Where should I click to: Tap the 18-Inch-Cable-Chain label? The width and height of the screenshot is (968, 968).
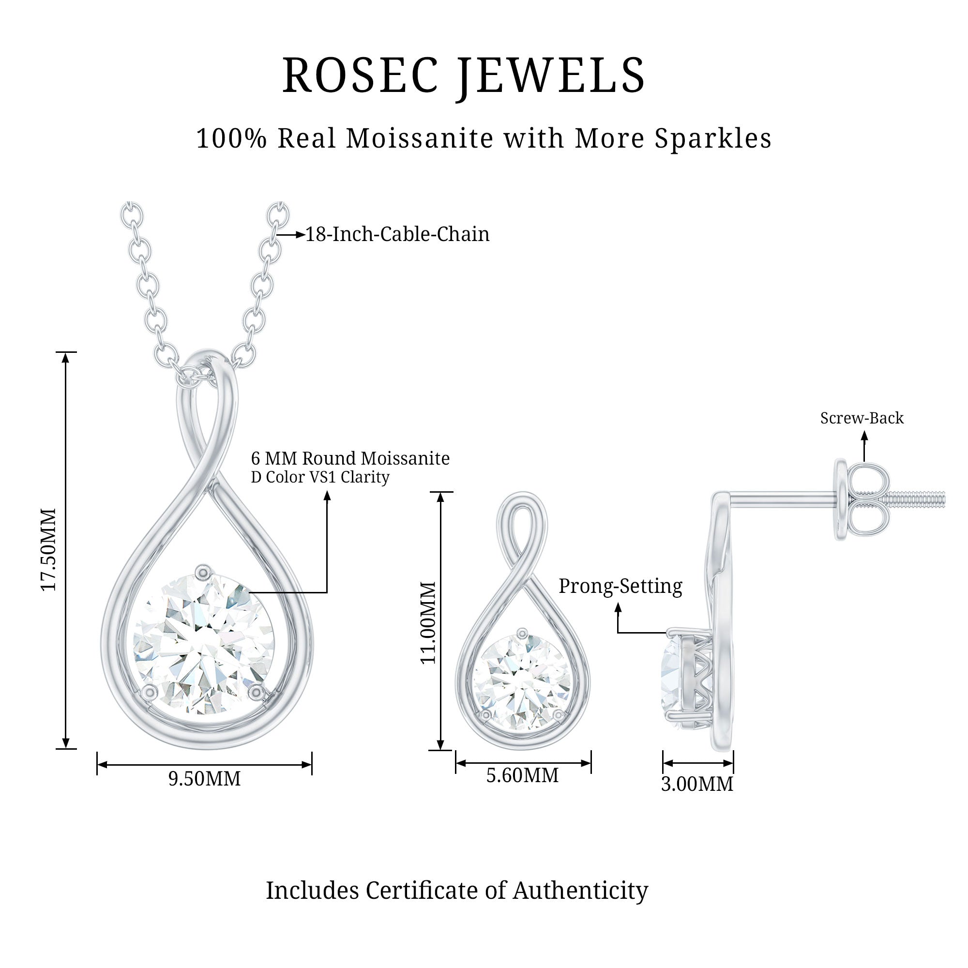tap(397, 234)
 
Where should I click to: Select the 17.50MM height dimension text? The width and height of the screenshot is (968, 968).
tap(48, 550)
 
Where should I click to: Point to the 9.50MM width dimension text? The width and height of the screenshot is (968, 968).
tap(204, 779)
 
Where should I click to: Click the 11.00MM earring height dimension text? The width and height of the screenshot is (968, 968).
tap(428, 622)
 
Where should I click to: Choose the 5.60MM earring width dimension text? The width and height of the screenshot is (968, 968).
tap(522, 775)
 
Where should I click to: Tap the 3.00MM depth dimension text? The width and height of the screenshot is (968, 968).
tap(697, 784)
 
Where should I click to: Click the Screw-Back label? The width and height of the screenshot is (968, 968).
tap(862, 418)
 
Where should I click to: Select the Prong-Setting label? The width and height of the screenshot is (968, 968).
tap(620, 586)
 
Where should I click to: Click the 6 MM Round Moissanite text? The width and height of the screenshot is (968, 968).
tap(350, 458)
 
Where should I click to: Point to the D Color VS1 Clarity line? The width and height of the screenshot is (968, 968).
tap(320, 477)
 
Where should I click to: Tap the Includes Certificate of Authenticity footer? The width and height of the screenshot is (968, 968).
tap(457, 891)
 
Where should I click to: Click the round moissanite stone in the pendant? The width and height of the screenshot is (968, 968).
tap(203, 645)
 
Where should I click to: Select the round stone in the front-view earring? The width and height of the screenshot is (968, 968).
tap(522, 682)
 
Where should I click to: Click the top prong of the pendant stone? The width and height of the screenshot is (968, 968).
tap(203, 571)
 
